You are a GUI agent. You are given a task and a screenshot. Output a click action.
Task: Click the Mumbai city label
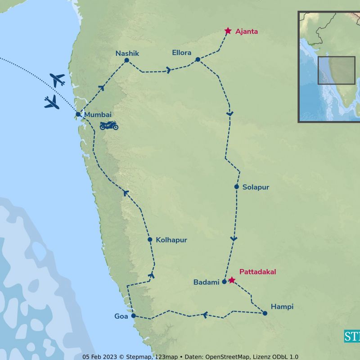pyautogui.click(x=98, y=115)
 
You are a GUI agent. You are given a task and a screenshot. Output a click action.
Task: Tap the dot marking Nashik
pyautogui.click(x=126, y=60)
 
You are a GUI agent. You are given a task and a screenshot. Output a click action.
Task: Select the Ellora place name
pyautogui.click(x=182, y=53)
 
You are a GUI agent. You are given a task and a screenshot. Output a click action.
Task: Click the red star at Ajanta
pyautogui.click(x=228, y=31)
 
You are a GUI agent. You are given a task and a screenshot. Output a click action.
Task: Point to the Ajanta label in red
pyautogui.click(x=247, y=31)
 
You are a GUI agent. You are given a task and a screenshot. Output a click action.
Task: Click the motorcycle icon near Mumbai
pyautogui.click(x=109, y=125)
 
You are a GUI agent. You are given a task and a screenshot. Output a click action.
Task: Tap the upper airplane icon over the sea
pyautogui.click(x=58, y=80)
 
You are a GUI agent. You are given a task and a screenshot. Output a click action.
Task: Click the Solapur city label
pyautogui.click(x=256, y=187)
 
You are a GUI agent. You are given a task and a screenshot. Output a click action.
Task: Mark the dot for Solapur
pyautogui.click(x=236, y=187)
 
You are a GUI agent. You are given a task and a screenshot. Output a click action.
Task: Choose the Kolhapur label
pyautogui.click(x=171, y=240)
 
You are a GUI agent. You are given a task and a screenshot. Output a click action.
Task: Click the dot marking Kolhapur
pyautogui.click(x=150, y=239)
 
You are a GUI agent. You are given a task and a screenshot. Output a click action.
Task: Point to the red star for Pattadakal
pyautogui.click(x=231, y=280)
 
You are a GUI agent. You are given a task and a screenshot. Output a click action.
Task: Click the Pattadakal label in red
pyautogui.click(x=257, y=272)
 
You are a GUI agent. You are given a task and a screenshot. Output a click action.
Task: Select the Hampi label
pyautogui.click(x=282, y=306)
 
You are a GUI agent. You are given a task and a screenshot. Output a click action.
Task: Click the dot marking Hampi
pyautogui.click(x=265, y=313)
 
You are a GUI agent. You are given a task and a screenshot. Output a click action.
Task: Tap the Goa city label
pyautogui.click(x=121, y=316)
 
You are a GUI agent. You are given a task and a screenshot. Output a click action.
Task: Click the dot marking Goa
pyautogui.click(x=133, y=316)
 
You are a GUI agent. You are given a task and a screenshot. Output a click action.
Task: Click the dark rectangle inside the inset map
pyautogui.click(x=337, y=70)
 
